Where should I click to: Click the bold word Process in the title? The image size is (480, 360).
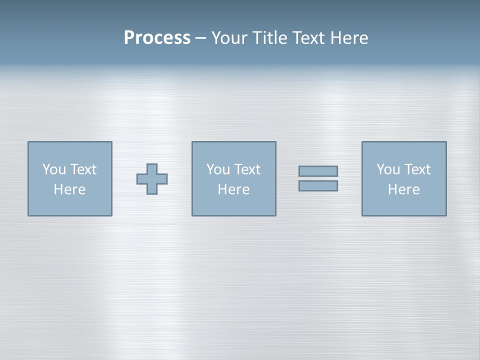click(157, 38)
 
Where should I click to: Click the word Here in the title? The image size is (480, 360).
click(349, 38)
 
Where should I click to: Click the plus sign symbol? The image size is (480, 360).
click(152, 179)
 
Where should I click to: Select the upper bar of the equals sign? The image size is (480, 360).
click(318, 171)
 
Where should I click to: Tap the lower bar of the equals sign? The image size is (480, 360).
click(318, 186)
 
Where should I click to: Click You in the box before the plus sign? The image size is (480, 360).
click(53, 169)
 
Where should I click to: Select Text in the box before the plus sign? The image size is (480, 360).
click(82, 169)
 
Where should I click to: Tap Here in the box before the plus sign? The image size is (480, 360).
click(69, 189)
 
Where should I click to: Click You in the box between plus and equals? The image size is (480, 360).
click(217, 169)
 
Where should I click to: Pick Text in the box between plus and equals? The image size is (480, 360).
click(246, 169)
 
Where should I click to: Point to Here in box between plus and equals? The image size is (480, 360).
click(233, 189)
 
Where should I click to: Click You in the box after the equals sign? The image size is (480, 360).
click(387, 169)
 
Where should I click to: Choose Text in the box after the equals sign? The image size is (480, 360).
click(416, 169)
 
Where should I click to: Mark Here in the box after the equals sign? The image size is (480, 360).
click(403, 189)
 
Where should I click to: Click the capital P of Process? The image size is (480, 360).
click(129, 38)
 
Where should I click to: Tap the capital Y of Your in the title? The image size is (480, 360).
click(215, 38)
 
